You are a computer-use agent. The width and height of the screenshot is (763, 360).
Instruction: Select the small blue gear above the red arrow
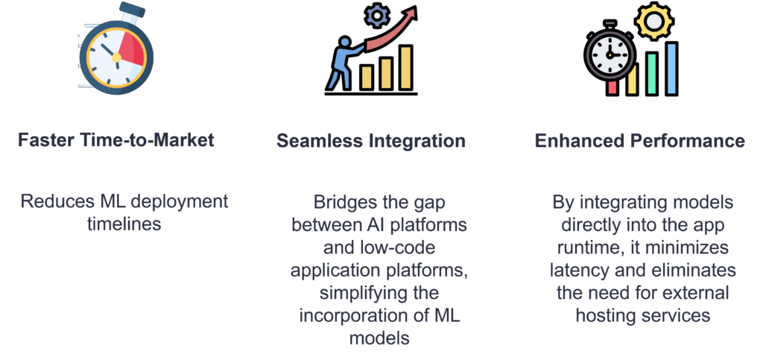376,16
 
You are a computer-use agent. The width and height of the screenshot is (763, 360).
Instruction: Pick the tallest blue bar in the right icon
671,68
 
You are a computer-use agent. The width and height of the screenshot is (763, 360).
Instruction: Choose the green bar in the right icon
651,74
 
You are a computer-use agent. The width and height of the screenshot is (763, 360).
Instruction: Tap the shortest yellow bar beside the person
367,78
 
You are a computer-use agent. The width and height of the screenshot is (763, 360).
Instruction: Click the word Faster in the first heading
42,140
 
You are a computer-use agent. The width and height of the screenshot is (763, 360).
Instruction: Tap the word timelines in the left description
124,224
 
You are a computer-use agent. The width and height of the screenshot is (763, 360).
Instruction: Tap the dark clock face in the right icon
610,54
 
